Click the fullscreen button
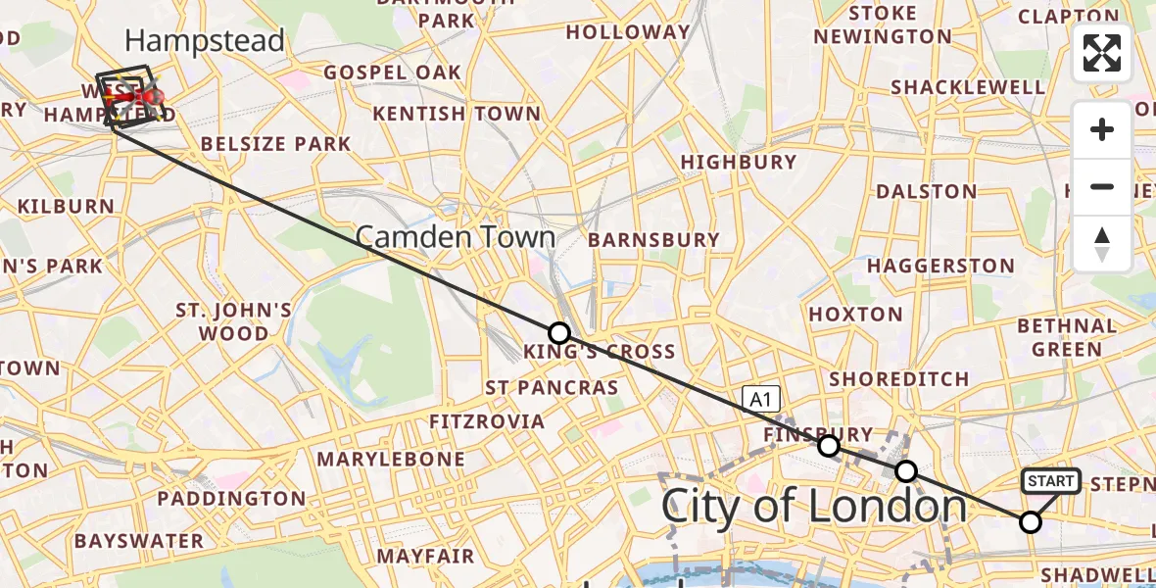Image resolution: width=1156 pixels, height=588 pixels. coord(1102,53)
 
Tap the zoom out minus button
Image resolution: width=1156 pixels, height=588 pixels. coord(1102,186)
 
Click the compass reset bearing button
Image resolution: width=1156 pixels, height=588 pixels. coord(1102,244)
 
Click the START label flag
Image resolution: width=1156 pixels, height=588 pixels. coord(1050,481)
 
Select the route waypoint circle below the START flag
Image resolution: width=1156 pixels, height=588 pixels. coord(1030,522)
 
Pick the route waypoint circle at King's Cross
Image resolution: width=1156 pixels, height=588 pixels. coord(558,332)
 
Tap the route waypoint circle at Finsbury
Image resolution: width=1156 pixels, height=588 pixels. coord(829,446)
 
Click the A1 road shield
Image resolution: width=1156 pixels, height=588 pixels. coord(760,398)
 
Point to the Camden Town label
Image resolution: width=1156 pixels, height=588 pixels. coord(455,237)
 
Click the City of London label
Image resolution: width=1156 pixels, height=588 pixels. coord(814,507)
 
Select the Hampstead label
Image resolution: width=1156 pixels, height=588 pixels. coord(205,41)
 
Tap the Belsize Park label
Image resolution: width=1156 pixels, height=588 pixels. coord(275,144)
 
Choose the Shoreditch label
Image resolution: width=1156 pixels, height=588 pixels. coord(898,378)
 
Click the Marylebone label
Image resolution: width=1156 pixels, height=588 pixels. coord(390,459)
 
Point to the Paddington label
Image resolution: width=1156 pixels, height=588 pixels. coord(231,499)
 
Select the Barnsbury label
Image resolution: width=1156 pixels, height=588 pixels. coord(653,240)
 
